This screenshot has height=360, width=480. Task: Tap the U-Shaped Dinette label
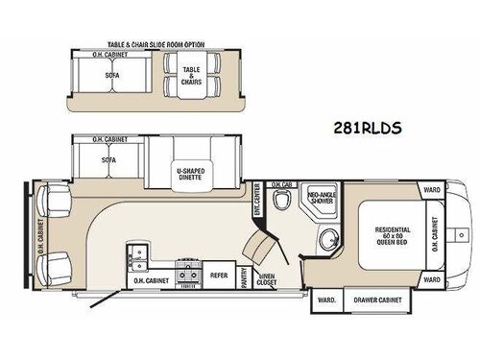pos(195,175)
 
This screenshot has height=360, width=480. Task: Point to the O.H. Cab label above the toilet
pos(281,184)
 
